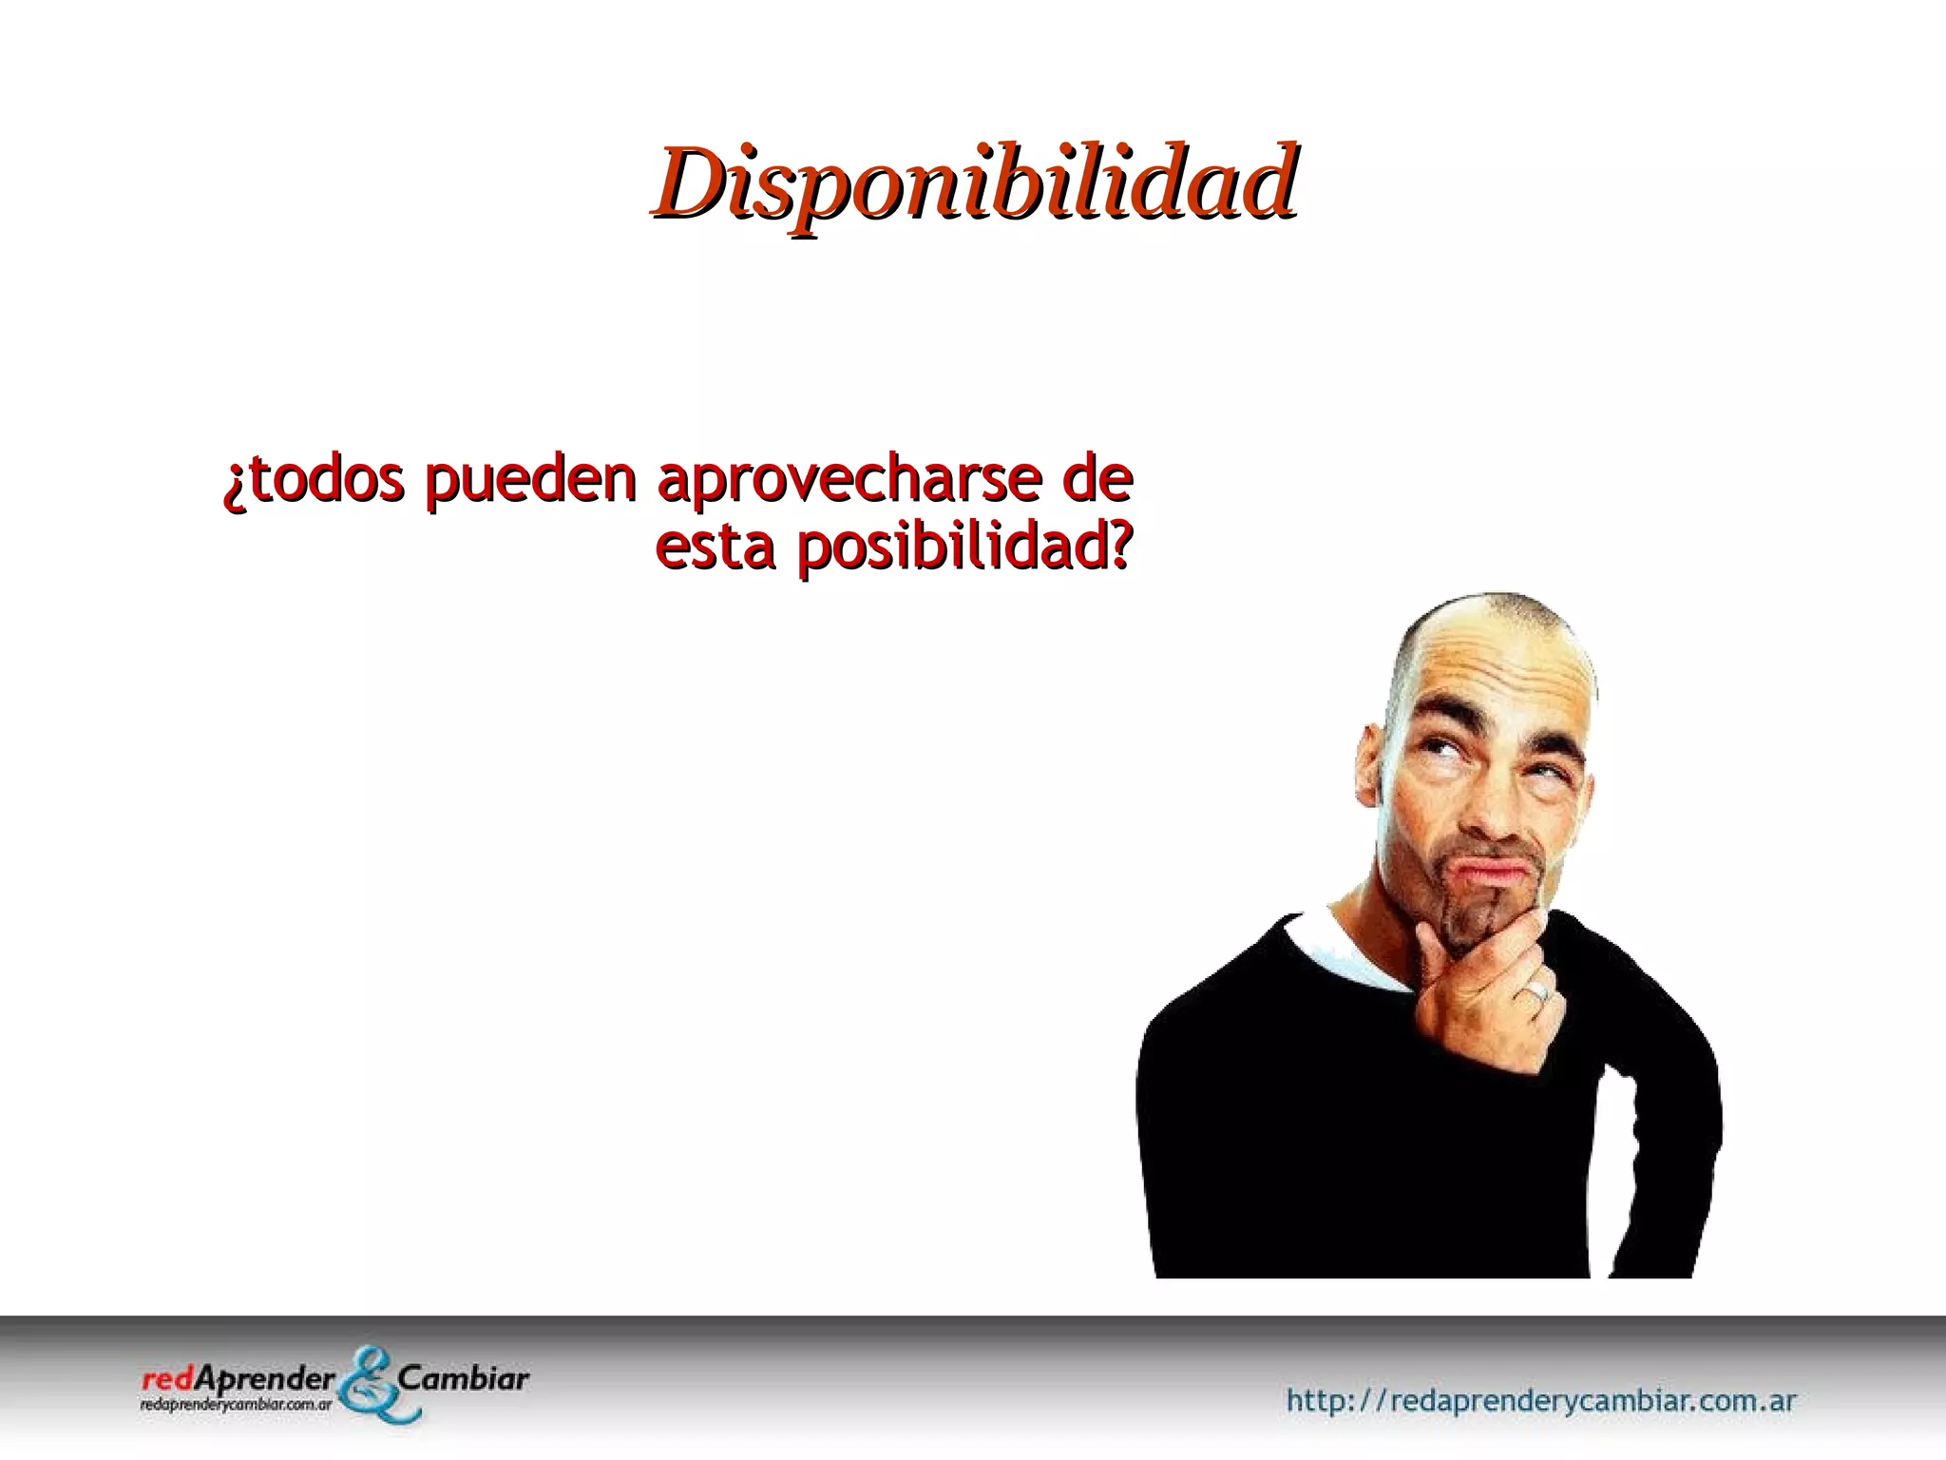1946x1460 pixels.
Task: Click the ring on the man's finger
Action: (x=1536, y=992)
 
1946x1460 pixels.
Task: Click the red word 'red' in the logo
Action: (x=163, y=1379)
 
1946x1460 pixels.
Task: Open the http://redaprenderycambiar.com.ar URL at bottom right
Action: (x=1540, y=1400)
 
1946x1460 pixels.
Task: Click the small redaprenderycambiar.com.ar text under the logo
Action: (x=235, y=1403)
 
